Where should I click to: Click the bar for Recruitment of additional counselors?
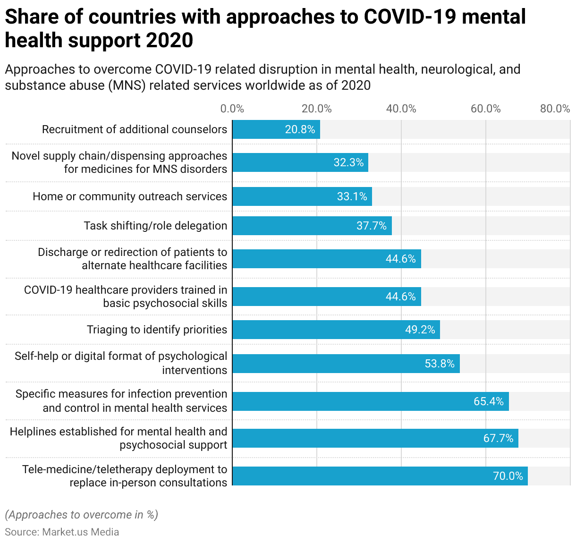pyautogui.click(x=276, y=129)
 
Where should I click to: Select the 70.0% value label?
pyautogui.click(x=508, y=476)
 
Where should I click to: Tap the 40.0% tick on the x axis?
pyautogui.click(x=401, y=109)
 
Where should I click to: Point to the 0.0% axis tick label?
pyautogui.click(x=232, y=109)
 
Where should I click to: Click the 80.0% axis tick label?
pyautogui.click(x=555, y=109)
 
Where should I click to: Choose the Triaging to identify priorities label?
pyautogui.click(x=157, y=330)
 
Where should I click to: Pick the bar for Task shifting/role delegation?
pyautogui.click(x=312, y=226)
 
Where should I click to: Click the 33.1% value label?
pyautogui.click(x=352, y=196)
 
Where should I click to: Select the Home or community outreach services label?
pyautogui.click(x=130, y=196)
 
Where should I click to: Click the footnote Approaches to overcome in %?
pyautogui.click(x=81, y=515)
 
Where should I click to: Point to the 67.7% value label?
pyautogui.click(x=498, y=438)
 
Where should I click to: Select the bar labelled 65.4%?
pyautogui.click(x=371, y=401)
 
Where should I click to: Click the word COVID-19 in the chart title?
pyautogui.click(x=408, y=17)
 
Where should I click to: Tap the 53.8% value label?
pyautogui.click(x=440, y=364)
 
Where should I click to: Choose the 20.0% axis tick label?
pyautogui.click(x=316, y=109)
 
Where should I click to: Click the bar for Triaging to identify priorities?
pyautogui.click(x=336, y=330)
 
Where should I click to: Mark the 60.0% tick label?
pyautogui.click(x=485, y=109)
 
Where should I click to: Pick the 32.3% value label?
pyautogui.click(x=348, y=162)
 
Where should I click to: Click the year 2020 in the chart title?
pyautogui.click(x=169, y=41)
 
